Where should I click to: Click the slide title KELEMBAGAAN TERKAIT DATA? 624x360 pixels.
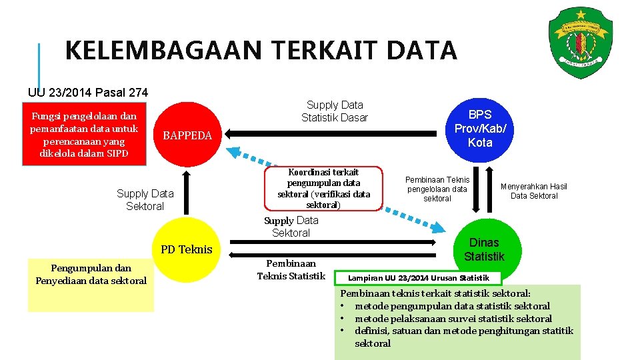[261, 51]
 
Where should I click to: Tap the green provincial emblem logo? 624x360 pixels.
[579, 42]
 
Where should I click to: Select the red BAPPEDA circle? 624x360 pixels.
[187, 135]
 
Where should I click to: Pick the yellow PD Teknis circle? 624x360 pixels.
[187, 250]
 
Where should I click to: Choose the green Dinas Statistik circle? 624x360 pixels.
[484, 249]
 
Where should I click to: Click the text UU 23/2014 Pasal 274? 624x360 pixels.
[88, 93]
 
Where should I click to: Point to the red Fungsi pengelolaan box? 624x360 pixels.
[84, 135]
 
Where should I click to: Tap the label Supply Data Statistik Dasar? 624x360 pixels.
[335, 111]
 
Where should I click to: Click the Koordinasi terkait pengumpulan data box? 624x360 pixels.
[323, 188]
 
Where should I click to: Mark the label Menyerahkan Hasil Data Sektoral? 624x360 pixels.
[534, 191]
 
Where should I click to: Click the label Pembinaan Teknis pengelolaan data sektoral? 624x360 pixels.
[437, 189]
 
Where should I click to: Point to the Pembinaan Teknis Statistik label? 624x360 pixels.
[291, 269]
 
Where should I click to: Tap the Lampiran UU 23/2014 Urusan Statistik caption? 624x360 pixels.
[419, 277]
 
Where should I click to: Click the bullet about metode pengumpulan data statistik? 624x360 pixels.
[452, 306]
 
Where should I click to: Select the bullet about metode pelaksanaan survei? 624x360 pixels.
[453, 319]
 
